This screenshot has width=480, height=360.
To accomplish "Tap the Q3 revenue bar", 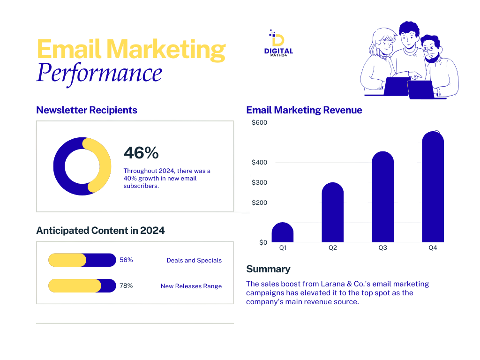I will click(x=382, y=197).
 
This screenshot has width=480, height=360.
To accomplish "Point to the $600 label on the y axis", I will click(x=259, y=123).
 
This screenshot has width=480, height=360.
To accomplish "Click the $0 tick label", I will click(x=263, y=242).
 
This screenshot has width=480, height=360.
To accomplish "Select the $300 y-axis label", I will click(x=259, y=182).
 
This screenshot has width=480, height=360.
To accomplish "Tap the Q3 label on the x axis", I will click(x=382, y=248).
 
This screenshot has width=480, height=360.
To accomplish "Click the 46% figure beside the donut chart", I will click(x=141, y=153).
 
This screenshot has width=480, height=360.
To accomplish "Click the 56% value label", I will click(x=126, y=260).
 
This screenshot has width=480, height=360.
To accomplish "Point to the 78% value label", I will click(x=126, y=285).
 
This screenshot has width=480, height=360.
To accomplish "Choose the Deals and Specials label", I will click(x=194, y=260).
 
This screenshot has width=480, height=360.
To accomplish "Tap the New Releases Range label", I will click(x=191, y=286).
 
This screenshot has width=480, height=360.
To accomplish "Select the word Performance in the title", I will click(x=99, y=73).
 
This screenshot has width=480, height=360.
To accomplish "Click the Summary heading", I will click(x=268, y=269).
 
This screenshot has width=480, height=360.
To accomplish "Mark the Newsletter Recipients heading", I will click(x=87, y=110).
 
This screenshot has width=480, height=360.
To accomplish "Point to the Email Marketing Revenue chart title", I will click(x=304, y=110).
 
